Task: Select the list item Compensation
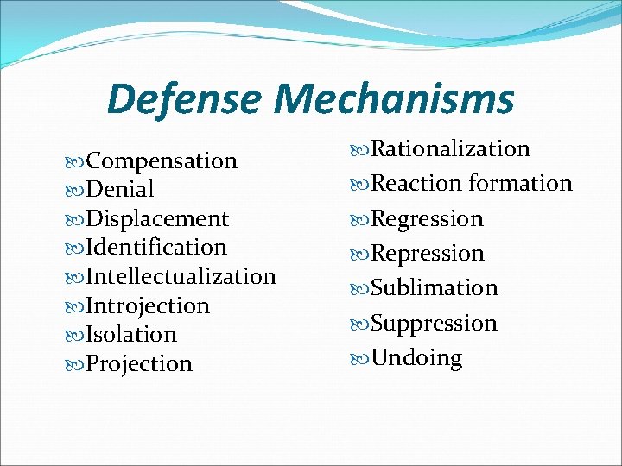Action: (x=162, y=161)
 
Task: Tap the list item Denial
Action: (x=120, y=190)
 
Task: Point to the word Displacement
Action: (x=157, y=219)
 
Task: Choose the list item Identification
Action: (x=156, y=248)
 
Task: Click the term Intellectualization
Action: (x=181, y=277)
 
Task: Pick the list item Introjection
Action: (x=148, y=306)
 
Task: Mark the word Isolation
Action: (x=131, y=335)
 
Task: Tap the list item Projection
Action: (x=139, y=364)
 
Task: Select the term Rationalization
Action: (x=450, y=149)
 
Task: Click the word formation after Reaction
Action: (x=521, y=184)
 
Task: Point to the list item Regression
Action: (x=427, y=219)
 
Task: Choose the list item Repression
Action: (x=428, y=254)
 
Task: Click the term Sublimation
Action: (x=435, y=288)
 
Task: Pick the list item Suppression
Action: (x=434, y=324)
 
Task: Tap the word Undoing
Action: (x=416, y=358)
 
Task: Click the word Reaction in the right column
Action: (x=416, y=184)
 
